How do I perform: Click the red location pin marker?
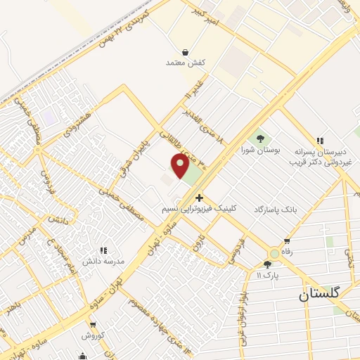[180, 167]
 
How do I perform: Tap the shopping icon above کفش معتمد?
[185, 52]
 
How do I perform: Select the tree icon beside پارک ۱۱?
[267, 265]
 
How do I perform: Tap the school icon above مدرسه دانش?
[103, 250]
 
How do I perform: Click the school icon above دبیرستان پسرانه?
[320, 141]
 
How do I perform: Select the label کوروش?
[92, 335]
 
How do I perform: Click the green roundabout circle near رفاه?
[274, 254]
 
